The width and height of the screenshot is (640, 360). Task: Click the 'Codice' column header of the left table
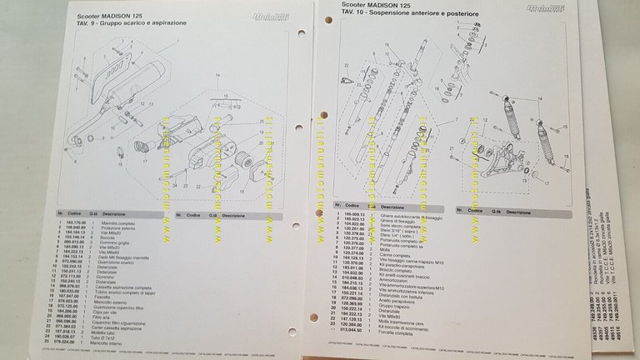(x=74, y=213)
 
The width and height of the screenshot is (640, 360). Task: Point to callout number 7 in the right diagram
(x=456, y=121)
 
